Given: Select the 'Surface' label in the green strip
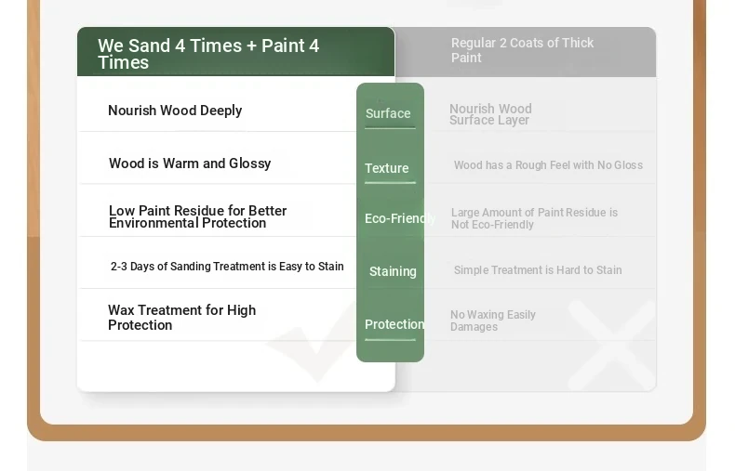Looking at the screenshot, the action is [388, 113].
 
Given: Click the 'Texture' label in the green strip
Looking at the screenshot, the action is [387, 168].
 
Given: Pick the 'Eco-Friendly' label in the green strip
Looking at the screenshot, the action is [400, 218].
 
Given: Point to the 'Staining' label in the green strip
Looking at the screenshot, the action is [393, 271].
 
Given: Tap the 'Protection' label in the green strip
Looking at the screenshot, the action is [394, 324].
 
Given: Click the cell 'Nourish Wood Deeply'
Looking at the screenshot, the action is [175, 111].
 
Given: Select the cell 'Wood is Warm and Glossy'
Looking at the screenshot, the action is [190, 164].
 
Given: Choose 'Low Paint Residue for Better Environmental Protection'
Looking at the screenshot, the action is [197, 216].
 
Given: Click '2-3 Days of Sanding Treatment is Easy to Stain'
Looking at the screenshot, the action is [227, 267].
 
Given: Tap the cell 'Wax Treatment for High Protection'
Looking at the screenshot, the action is [181, 318].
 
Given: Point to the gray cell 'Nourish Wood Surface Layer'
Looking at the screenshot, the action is [490, 114].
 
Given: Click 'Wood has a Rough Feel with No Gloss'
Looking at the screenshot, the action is [548, 165].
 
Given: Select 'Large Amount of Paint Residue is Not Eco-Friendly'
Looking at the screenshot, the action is [534, 218].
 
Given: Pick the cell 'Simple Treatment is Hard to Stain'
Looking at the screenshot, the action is [538, 270].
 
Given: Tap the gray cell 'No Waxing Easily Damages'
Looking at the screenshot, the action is [493, 321].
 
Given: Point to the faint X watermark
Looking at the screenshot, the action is [611, 345].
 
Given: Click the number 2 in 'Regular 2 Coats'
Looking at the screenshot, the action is [503, 43].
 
